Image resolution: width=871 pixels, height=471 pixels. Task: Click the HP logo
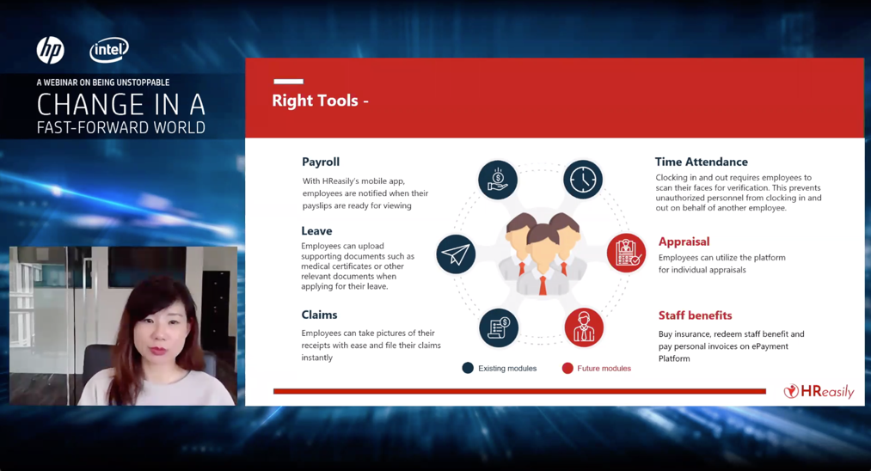pos(51,50)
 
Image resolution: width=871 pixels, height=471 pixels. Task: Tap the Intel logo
pos(109,50)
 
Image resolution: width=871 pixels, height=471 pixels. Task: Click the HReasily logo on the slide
pos(819,392)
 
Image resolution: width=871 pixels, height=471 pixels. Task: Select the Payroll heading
pos(321,162)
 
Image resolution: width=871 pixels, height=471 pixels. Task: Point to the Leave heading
pos(316,230)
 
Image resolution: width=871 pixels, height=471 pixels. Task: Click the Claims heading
pos(319,315)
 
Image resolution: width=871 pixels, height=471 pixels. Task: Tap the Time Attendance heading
pos(701,162)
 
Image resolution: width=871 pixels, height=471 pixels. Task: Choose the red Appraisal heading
pos(684,242)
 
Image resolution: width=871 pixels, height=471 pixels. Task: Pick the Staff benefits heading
pos(695,315)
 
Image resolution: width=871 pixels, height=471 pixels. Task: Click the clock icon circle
pos(583,180)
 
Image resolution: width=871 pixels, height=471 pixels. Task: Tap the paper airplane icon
pos(456,254)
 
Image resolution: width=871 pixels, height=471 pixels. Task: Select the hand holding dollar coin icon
pos(498,180)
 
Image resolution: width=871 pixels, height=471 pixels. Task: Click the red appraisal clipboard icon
pos(627,254)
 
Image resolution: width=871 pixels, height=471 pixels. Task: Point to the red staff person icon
pos(584,327)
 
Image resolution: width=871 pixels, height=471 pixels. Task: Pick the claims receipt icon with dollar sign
pos(499,327)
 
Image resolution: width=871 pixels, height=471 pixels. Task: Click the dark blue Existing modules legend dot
pos(468,368)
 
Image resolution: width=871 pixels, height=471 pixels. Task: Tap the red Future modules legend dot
pos(567,368)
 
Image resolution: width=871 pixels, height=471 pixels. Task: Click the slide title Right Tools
pos(315,101)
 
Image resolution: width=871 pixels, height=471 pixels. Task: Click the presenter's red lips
pos(157,351)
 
